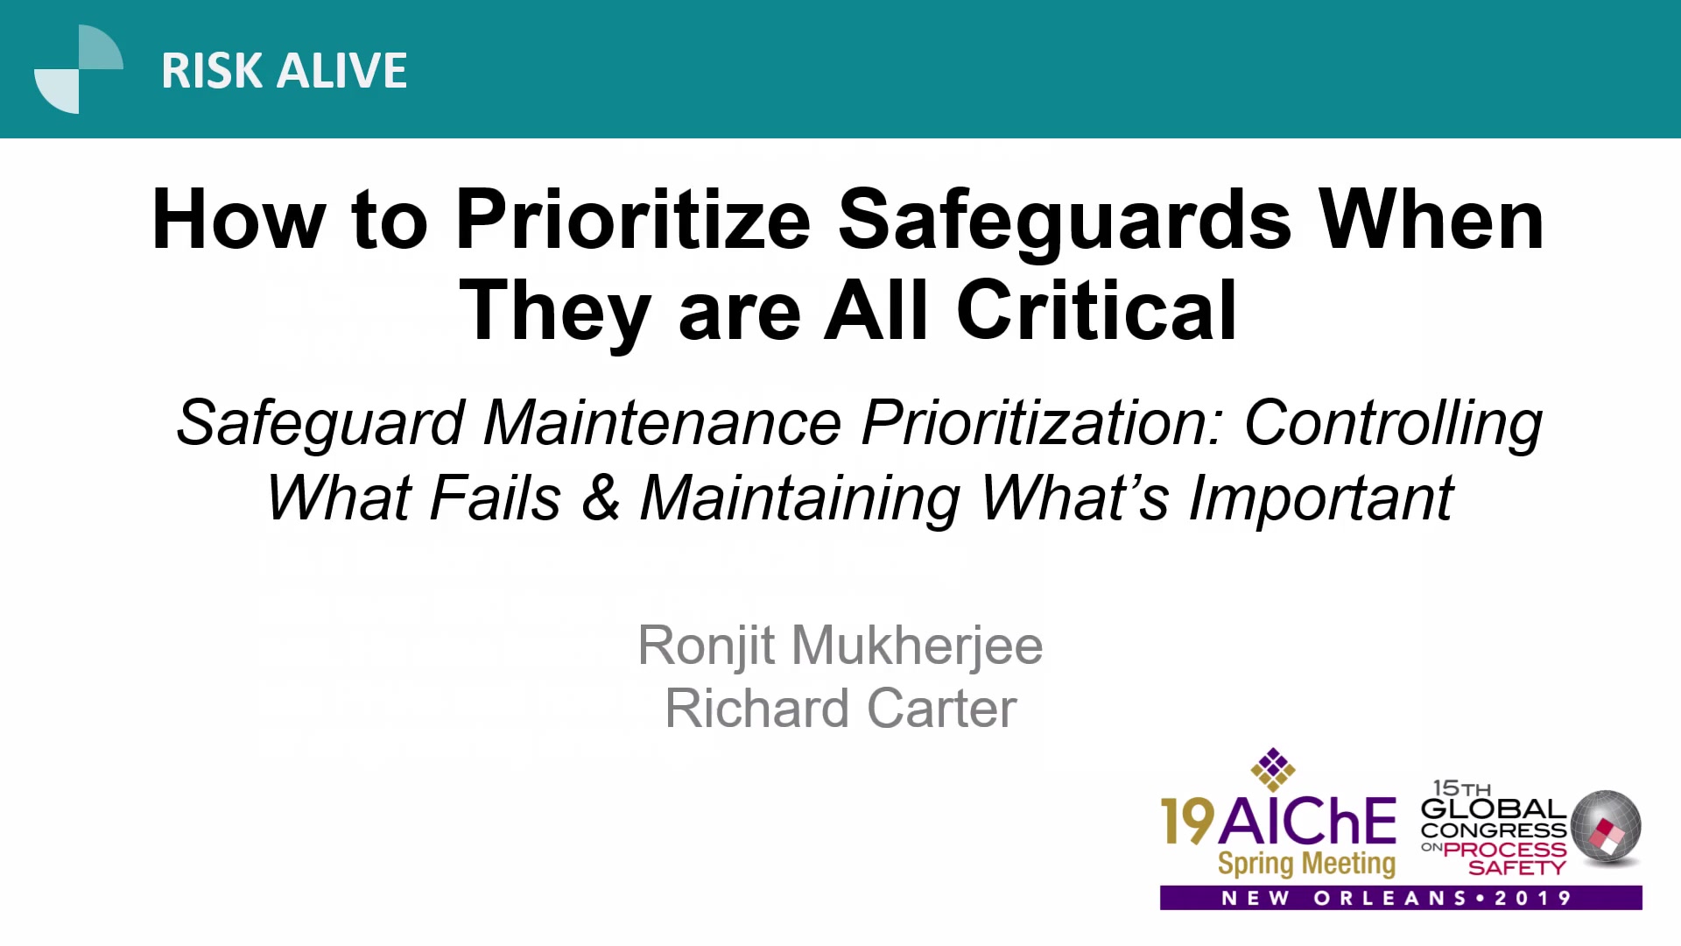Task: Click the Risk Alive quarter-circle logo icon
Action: [x=79, y=69]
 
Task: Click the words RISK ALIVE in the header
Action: [x=285, y=71]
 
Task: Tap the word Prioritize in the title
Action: [x=633, y=220]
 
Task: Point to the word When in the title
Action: [x=1431, y=220]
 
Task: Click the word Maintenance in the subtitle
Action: [x=663, y=423]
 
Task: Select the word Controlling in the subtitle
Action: [x=1393, y=425]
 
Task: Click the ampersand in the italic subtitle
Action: [x=601, y=498]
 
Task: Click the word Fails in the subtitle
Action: [x=496, y=498]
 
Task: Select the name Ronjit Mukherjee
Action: [x=840, y=646]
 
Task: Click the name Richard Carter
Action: [x=840, y=708]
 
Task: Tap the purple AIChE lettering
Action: [x=1307, y=822]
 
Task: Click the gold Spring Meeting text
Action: [x=1306, y=864]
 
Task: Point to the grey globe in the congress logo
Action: [x=1606, y=826]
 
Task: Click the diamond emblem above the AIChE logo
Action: [x=1273, y=769]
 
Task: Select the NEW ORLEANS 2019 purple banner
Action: [x=1401, y=898]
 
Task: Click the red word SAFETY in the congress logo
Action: [x=1516, y=868]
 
